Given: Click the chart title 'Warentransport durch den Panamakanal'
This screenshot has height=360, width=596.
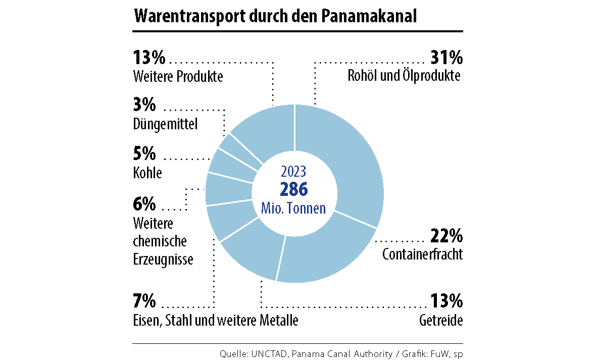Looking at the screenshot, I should coord(275,16).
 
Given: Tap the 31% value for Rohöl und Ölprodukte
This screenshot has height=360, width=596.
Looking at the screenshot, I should coord(446,58).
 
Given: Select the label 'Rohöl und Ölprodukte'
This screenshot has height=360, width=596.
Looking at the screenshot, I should coord(404,76).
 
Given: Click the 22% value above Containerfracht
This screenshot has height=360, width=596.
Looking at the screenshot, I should coord(446,236).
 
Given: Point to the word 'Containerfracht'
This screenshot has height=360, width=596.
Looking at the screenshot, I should coord(422,254).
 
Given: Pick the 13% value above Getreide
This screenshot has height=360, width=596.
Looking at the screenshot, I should coord(446,301).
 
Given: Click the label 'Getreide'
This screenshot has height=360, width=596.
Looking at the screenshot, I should coord(441,321).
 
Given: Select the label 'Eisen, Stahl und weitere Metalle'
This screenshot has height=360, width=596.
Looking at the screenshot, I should coord(216,321).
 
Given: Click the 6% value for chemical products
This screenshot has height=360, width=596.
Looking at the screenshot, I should coord(144,204).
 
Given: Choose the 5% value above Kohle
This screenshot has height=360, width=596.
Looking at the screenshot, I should coord(144,154).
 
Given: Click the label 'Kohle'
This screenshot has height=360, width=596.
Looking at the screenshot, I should coord(147,173).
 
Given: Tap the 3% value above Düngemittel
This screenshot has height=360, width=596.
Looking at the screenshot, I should coord(144,106).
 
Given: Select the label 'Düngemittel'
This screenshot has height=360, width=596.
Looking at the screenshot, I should coord(165,124).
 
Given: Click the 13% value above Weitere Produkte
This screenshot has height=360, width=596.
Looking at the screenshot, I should coord(149,58).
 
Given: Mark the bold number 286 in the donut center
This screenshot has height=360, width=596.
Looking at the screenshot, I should coord(293,189).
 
